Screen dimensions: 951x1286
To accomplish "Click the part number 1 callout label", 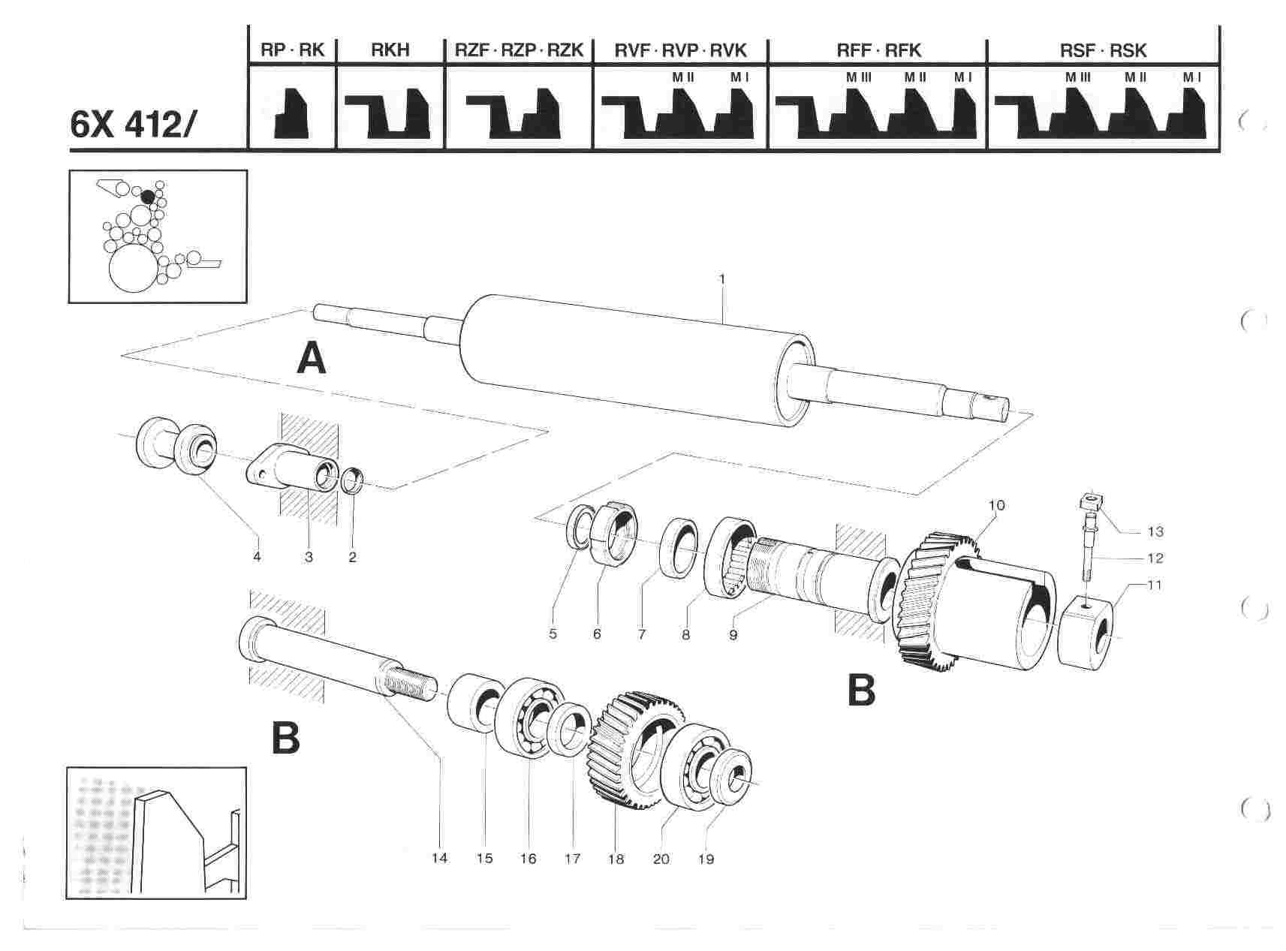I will tap(721, 279).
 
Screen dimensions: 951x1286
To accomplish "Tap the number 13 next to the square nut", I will tap(1155, 532).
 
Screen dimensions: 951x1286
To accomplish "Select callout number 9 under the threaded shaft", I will tap(733, 634).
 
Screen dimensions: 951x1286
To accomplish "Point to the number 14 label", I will tap(439, 857).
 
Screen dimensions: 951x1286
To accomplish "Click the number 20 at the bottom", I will tap(661, 859).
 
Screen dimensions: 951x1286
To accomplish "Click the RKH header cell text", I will tap(390, 50).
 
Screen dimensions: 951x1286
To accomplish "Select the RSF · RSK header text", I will tap(1103, 50).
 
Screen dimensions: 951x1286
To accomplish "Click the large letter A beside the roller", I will tap(312, 359).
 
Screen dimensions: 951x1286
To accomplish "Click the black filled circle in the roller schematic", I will tap(148, 197).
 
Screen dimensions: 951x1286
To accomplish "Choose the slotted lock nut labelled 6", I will tap(614, 531).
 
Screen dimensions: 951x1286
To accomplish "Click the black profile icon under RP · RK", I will tap(291, 113).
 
